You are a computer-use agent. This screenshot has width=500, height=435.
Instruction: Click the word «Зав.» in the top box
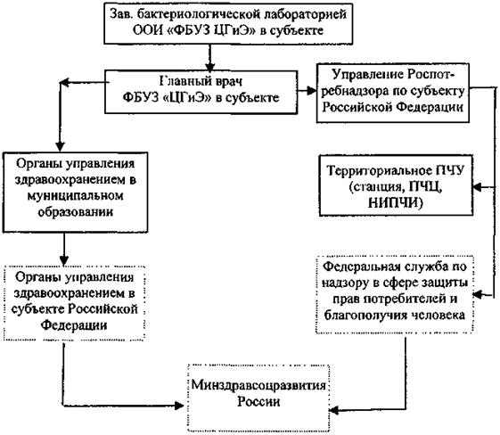pyautogui.click(x=120, y=14)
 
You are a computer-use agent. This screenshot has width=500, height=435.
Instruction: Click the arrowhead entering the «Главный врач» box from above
pyautogui.click(x=209, y=67)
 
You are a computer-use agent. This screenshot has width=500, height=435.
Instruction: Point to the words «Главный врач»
pyautogui.click(x=201, y=81)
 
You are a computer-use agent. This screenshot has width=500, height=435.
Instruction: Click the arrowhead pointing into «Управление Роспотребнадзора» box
pyautogui.click(x=312, y=91)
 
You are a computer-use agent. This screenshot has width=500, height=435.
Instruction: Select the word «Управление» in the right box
pyautogui.click(x=366, y=75)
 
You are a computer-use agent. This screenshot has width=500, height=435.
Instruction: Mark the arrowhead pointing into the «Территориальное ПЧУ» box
pyautogui.click(x=478, y=187)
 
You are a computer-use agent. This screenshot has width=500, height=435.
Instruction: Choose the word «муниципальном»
pyautogui.click(x=75, y=195)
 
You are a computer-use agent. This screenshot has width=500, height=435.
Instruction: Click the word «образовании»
pyautogui.click(x=76, y=212)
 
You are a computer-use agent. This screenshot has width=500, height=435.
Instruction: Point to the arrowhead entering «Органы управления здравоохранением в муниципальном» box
pyautogui.click(x=60, y=147)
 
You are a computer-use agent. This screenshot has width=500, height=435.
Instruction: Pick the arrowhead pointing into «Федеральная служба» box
pyautogui.click(x=478, y=295)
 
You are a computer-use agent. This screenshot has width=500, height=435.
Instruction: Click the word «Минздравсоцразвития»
pyautogui.click(x=258, y=385)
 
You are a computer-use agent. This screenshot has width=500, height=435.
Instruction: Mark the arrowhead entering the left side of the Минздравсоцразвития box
pyautogui.click(x=179, y=406)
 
